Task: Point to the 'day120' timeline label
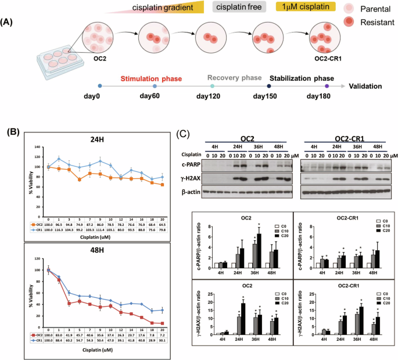pyautogui.click(x=211, y=96)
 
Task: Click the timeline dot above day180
pyautogui.click(x=327, y=86)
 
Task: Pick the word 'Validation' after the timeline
pyautogui.click(x=365, y=87)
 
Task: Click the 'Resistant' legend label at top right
pyautogui.click(x=374, y=22)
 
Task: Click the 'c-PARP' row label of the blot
pyautogui.click(x=192, y=165)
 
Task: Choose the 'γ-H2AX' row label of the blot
pyautogui.click(x=192, y=177)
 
